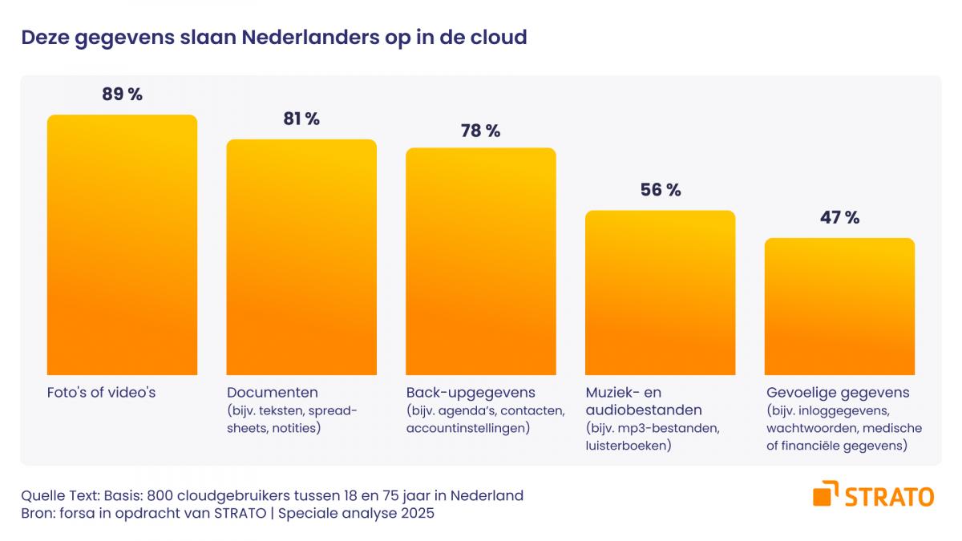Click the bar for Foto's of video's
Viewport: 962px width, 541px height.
[122, 244]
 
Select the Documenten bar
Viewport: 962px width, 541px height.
[301, 256]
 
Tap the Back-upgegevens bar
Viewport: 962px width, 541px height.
[480, 260]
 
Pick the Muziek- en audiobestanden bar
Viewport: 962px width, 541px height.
[660, 293]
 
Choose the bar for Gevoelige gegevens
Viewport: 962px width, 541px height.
[839, 306]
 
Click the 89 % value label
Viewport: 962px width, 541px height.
[122, 95]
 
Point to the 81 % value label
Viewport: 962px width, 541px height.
[301, 119]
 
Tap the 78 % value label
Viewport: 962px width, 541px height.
[480, 131]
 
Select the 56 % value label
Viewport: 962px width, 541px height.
[660, 190]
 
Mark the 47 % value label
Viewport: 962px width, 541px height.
[839, 217]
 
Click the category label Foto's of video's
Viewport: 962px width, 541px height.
[101, 393]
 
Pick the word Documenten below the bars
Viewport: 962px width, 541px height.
[273, 393]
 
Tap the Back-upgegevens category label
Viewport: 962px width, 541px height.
[471, 393]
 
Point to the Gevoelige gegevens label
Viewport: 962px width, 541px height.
[838, 393]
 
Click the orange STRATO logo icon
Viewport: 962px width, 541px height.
[826, 495]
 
